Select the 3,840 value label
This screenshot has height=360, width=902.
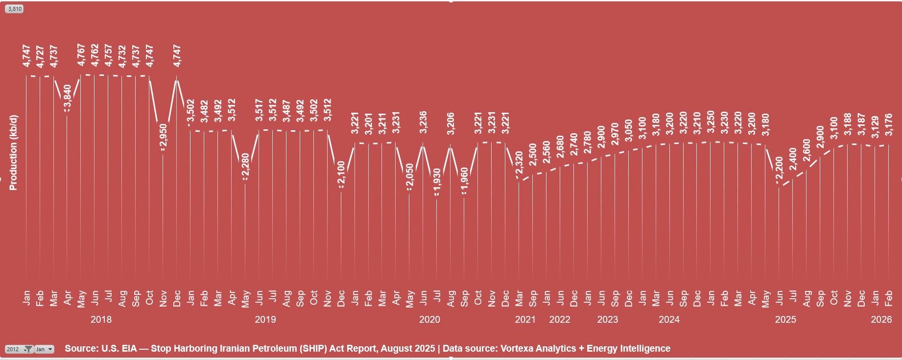(x=68, y=96)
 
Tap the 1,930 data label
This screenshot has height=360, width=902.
(x=437, y=181)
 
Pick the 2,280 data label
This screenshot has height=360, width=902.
(x=246, y=166)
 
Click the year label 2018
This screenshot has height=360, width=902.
(x=101, y=319)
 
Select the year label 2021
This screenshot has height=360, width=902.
(x=525, y=319)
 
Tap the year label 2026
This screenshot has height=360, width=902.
(x=881, y=319)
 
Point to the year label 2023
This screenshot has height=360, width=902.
(x=608, y=319)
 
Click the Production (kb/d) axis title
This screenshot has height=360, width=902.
(x=13, y=152)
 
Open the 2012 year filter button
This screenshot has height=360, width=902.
(x=19, y=349)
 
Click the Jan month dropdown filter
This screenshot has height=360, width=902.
(x=44, y=349)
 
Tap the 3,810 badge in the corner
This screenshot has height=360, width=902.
(x=14, y=9)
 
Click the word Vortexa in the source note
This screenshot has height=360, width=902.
(x=517, y=348)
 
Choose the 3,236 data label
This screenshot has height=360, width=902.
(x=424, y=122)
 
